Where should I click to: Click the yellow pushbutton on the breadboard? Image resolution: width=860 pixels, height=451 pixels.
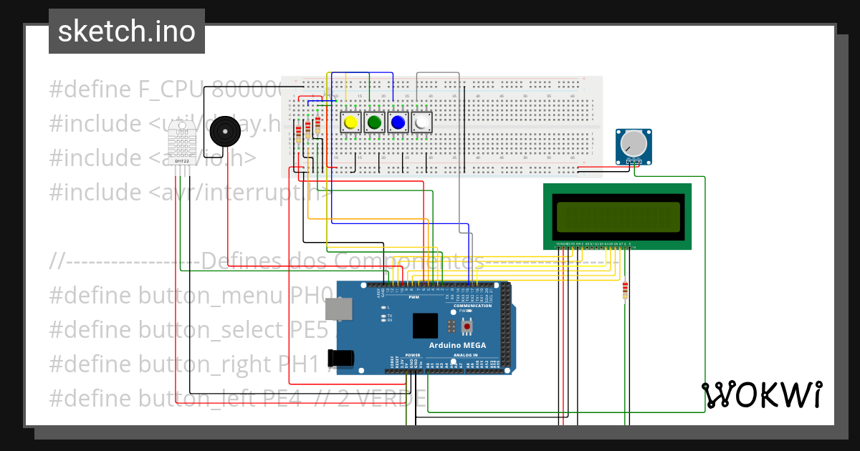point(350,122)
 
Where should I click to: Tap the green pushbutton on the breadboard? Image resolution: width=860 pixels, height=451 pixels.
point(373,122)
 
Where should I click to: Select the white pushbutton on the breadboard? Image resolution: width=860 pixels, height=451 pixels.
point(421,122)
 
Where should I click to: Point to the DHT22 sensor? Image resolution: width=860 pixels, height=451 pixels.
point(182,142)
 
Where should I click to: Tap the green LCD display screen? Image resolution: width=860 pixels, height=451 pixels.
point(617,217)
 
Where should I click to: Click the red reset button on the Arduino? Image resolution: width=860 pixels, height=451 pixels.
point(467,326)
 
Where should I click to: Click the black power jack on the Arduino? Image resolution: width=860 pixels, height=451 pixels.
point(342,357)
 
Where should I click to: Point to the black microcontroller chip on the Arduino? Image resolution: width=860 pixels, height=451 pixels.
point(425,326)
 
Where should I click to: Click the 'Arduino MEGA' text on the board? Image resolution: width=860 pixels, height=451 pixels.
point(457,345)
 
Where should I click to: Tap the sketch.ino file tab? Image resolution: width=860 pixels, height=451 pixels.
point(127,31)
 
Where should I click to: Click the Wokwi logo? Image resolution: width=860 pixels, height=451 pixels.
point(762,394)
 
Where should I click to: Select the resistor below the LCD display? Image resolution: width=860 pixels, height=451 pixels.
point(625,290)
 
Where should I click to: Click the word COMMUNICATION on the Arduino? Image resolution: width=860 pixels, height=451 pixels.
point(472,306)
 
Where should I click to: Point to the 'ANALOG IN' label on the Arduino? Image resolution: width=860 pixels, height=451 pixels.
point(465,355)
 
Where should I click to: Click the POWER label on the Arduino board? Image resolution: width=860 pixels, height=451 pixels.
point(413,355)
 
